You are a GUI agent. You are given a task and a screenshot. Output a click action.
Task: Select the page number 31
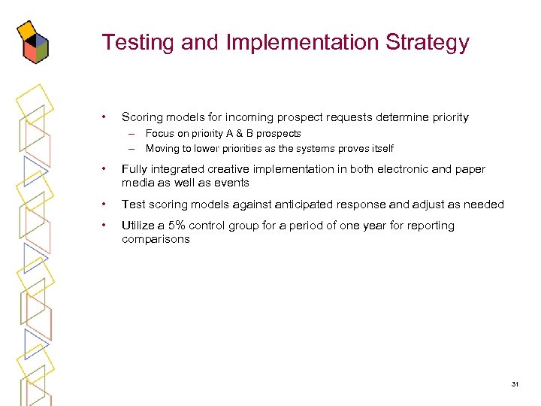(515, 384)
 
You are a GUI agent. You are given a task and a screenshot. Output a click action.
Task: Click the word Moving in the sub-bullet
(162, 148)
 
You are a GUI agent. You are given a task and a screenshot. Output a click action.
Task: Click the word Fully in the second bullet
(134, 169)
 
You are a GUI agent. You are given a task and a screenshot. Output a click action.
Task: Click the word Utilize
(138, 226)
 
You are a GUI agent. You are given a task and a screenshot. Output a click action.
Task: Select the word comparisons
(156, 239)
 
